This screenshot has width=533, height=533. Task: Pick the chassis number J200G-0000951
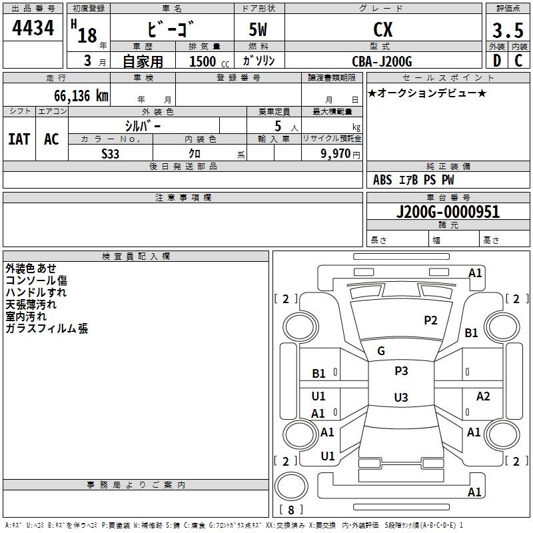click(x=447, y=213)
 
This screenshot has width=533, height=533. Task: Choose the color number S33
click(x=111, y=153)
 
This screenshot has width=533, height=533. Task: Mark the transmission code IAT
click(x=18, y=139)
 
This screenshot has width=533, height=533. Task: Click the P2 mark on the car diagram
click(x=431, y=320)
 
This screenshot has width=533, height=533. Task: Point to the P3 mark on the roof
click(x=401, y=371)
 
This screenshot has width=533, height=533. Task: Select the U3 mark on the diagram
click(x=400, y=398)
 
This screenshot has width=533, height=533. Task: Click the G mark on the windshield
click(x=381, y=351)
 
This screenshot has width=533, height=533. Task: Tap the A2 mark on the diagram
click(x=483, y=396)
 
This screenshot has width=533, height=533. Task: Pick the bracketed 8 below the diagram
click(x=290, y=510)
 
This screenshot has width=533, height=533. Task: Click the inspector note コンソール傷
click(x=36, y=280)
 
